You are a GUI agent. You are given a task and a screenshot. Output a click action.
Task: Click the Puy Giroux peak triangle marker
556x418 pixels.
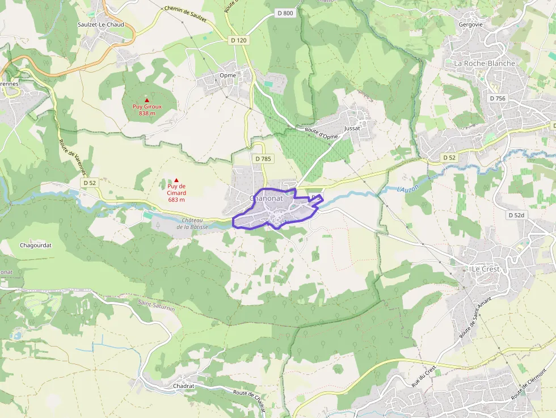point(147,100)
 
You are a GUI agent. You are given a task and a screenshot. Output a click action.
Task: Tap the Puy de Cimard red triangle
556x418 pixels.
point(176,180)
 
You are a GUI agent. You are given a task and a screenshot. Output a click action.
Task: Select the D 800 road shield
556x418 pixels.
point(286,12)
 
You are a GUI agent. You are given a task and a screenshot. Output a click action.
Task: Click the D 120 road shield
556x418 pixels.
point(239,40)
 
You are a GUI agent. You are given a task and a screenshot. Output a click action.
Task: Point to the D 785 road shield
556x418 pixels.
point(263,159)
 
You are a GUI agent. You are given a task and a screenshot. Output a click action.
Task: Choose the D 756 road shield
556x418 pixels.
point(497,99)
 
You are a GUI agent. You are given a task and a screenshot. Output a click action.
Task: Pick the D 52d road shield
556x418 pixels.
point(516,216)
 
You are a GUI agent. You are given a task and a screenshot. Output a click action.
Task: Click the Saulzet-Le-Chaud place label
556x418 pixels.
point(100,24)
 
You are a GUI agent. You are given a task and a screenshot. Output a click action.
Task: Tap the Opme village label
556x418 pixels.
point(227,75)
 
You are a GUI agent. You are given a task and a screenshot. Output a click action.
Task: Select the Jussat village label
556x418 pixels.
point(352,129)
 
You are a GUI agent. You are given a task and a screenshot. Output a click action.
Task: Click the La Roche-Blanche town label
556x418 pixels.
point(485,64)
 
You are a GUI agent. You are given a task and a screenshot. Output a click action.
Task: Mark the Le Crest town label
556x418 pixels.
point(486,269)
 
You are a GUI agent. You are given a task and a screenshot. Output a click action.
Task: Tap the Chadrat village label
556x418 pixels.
point(183,386)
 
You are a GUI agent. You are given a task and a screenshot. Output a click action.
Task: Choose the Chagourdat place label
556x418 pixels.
point(36,246)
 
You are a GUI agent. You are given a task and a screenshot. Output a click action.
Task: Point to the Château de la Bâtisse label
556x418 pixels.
point(192,223)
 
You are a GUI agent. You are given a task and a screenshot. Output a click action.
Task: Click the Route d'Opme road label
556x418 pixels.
point(321,134)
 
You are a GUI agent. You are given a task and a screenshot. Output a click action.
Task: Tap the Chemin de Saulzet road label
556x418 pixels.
point(185,14)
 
